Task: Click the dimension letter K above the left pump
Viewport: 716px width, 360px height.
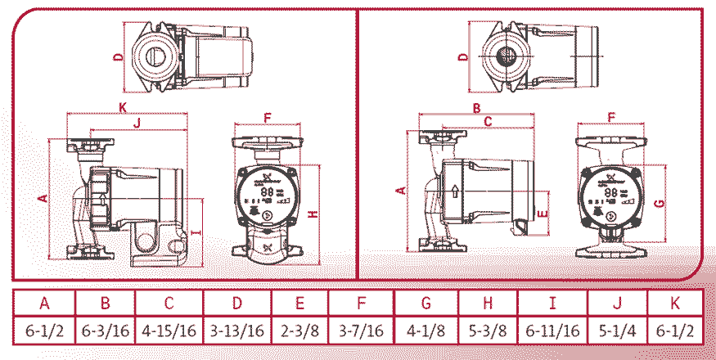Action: coord(122,108)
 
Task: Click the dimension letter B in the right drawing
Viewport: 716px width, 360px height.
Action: coord(475,108)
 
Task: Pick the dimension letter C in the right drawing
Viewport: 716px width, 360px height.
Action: coord(488,123)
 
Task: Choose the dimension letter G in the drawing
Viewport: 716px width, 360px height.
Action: coord(659,201)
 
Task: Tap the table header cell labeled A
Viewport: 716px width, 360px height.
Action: coord(44,302)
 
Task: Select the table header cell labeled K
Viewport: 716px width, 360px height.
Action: coord(675,302)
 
